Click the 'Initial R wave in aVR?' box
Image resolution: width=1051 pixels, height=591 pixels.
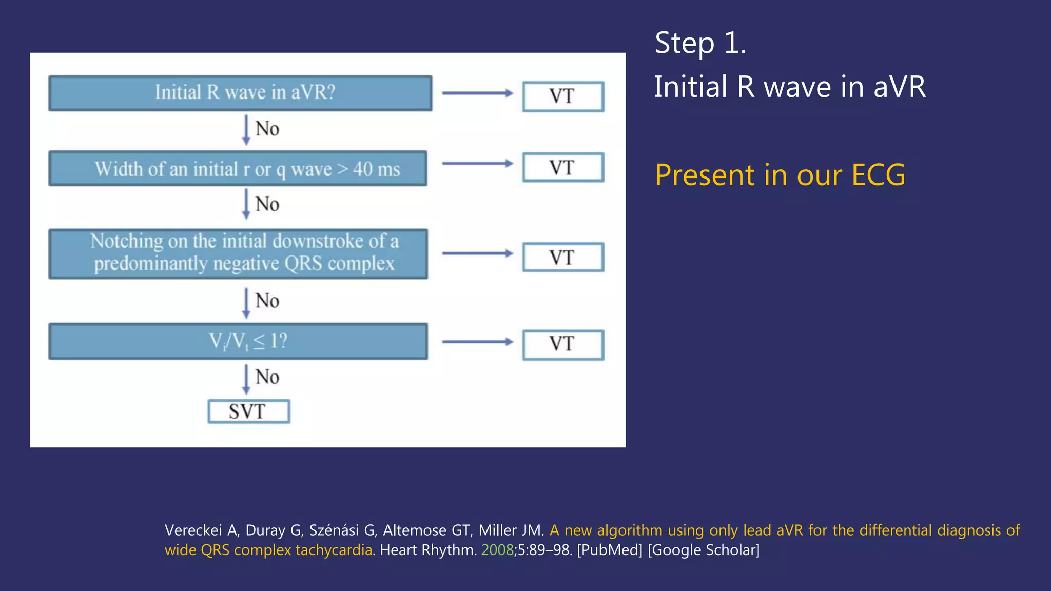tap(240, 93)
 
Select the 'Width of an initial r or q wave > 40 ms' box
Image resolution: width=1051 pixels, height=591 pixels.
tap(238, 168)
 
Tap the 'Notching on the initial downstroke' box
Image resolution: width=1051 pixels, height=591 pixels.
tap(238, 253)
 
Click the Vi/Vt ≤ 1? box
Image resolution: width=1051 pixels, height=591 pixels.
tap(238, 341)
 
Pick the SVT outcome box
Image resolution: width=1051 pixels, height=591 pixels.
tap(248, 411)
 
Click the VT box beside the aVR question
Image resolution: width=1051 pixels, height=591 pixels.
tap(563, 96)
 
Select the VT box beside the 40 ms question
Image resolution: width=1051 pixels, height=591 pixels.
tap(563, 167)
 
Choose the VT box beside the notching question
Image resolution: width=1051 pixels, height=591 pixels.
tap(563, 257)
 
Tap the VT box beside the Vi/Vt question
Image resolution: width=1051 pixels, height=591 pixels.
tap(563, 345)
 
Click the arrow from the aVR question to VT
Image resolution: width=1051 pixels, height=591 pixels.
tap(477, 93)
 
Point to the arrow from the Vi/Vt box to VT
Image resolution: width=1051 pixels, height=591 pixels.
tap(477, 342)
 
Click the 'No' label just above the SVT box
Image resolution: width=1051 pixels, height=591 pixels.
tap(267, 377)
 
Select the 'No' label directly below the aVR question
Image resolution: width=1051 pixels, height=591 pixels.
tap(267, 129)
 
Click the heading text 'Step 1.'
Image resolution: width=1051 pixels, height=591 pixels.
tap(700, 43)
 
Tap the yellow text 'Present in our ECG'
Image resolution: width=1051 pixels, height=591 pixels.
tap(780, 175)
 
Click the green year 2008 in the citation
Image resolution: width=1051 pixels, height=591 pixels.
tap(497, 550)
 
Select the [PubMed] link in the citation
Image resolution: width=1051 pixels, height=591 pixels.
tap(610, 550)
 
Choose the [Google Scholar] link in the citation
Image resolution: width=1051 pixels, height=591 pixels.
tap(704, 550)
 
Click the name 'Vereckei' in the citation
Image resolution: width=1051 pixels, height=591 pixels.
tap(193, 530)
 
